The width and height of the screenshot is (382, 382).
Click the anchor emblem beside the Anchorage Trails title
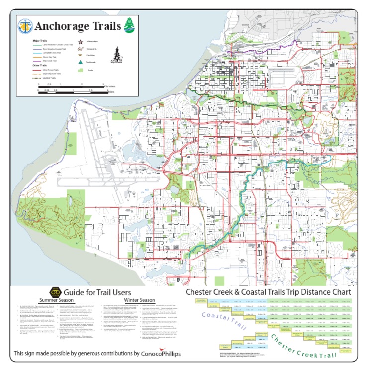[25, 26]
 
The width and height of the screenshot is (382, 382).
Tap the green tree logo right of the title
[129, 25]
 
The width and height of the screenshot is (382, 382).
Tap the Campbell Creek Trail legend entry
[52, 53]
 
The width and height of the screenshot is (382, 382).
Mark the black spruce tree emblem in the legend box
[117, 54]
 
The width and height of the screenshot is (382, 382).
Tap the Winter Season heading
[139, 300]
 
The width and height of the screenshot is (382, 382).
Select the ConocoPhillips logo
[161, 354]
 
